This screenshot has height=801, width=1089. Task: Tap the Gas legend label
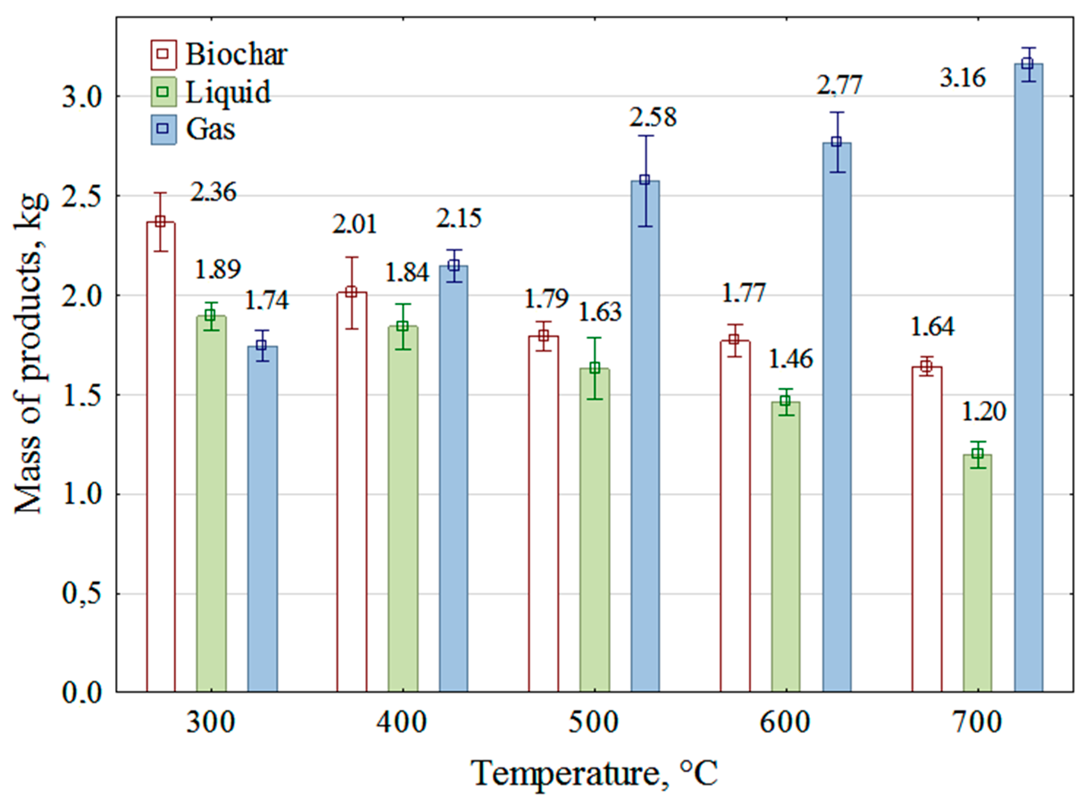[211, 129]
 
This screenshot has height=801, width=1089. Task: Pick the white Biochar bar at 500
[544, 514]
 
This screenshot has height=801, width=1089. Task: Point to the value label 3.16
[962, 78]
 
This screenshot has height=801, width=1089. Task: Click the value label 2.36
[213, 192]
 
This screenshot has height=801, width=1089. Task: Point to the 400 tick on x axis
[402, 722]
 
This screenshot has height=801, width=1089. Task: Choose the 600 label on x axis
[785, 722]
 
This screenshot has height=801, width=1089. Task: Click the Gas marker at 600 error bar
[836, 142]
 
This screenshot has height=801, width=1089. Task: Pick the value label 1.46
[790, 359]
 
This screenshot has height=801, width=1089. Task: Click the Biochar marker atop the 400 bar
[352, 292]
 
